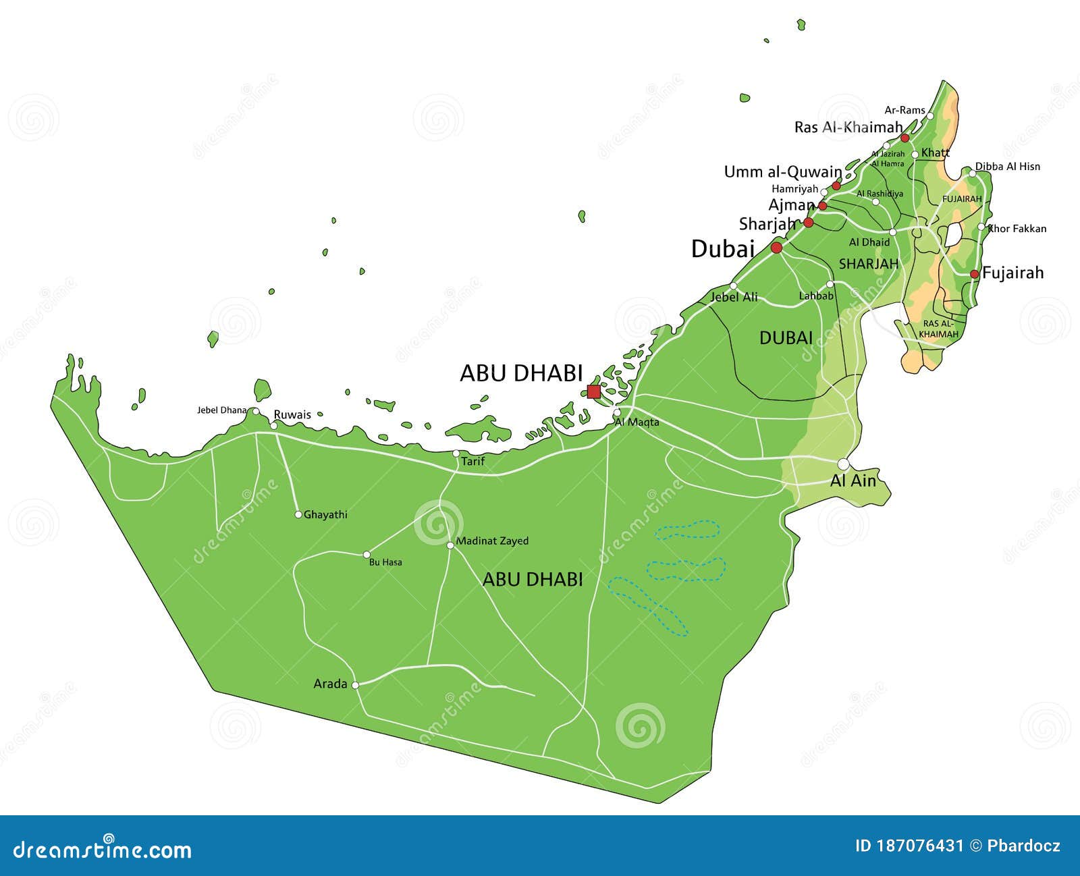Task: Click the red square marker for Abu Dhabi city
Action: pos(593,391)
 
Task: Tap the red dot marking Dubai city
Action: pos(776,248)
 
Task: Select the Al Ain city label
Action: pos(853,481)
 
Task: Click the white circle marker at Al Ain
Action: pos(843,464)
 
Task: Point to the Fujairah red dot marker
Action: pos(974,274)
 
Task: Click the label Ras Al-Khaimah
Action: pos(848,127)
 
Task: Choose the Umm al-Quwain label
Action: pos(782,171)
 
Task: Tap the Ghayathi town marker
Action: pos(298,514)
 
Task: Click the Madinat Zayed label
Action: pos(492,541)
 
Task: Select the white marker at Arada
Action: pos(355,684)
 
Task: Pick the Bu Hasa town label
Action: pos(385,562)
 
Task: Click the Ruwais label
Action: pos(292,414)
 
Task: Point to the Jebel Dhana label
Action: pos(221,410)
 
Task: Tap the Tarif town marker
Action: pos(456,454)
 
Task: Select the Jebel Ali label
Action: pos(734,297)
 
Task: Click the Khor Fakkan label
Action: pos(1017,229)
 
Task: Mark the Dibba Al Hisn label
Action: pos(1007,166)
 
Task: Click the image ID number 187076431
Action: pos(909,846)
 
